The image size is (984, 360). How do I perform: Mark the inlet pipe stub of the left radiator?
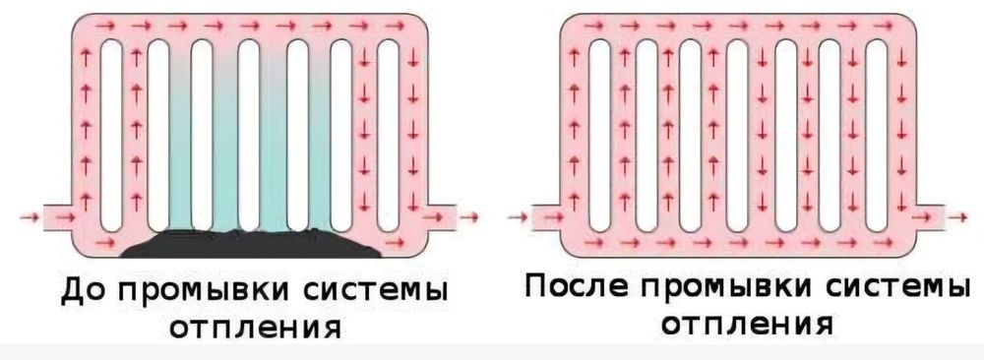(x=58, y=214)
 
